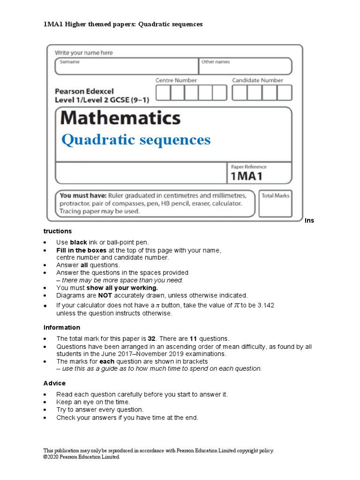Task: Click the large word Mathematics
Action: pyautogui.click(x=120, y=118)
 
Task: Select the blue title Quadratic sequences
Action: pyautogui.click(x=136, y=140)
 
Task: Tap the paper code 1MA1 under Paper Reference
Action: pyautogui.click(x=247, y=176)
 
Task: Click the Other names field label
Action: pyautogui.click(x=216, y=62)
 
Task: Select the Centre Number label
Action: pyautogui.click(x=176, y=81)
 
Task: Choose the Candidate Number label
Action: pyautogui.click(x=257, y=81)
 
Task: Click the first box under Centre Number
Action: pyautogui.click(x=163, y=93)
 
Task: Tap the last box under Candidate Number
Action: pyautogui.click(x=284, y=93)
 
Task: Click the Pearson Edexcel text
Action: pyautogui.click(x=84, y=91)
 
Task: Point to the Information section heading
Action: pyautogui.click(x=61, y=328)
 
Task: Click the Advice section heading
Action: pyautogui.click(x=54, y=383)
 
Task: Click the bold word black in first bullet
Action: pyautogui.click(x=78, y=242)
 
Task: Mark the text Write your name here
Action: pyautogui.click(x=84, y=53)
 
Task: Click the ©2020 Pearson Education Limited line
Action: pyautogui.click(x=82, y=457)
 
